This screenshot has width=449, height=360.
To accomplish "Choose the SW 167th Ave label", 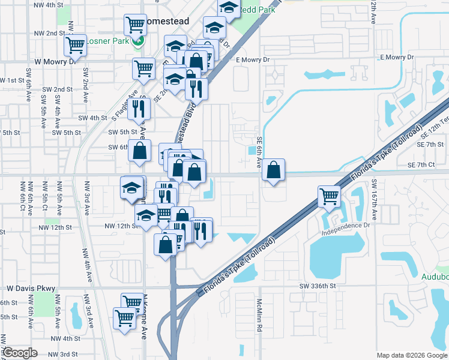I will [373, 194].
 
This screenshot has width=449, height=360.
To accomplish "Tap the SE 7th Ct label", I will [420, 164].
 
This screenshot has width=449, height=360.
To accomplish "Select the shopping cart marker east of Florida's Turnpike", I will [329, 196].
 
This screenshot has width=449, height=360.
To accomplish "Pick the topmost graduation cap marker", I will [228, 8].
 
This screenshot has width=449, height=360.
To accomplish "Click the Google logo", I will [20, 353].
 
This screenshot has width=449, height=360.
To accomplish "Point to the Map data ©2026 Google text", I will [412, 355].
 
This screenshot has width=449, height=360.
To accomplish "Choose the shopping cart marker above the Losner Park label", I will [136, 25].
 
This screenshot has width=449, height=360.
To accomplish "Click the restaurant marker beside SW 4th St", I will [139, 109].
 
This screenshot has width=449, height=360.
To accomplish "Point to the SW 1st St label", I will [12, 80].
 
